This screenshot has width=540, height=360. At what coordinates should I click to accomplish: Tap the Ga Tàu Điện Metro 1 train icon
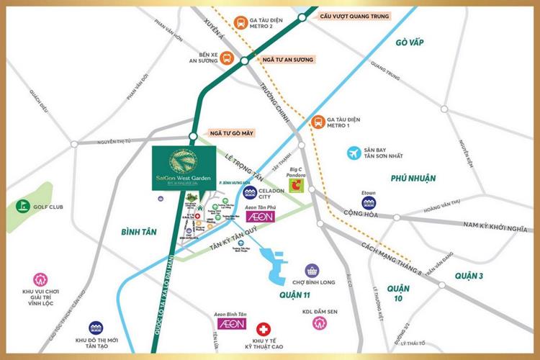point(317,122)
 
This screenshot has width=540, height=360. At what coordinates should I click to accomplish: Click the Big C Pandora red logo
point(296,186)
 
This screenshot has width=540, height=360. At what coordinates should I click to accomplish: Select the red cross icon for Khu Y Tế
point(265,326)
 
